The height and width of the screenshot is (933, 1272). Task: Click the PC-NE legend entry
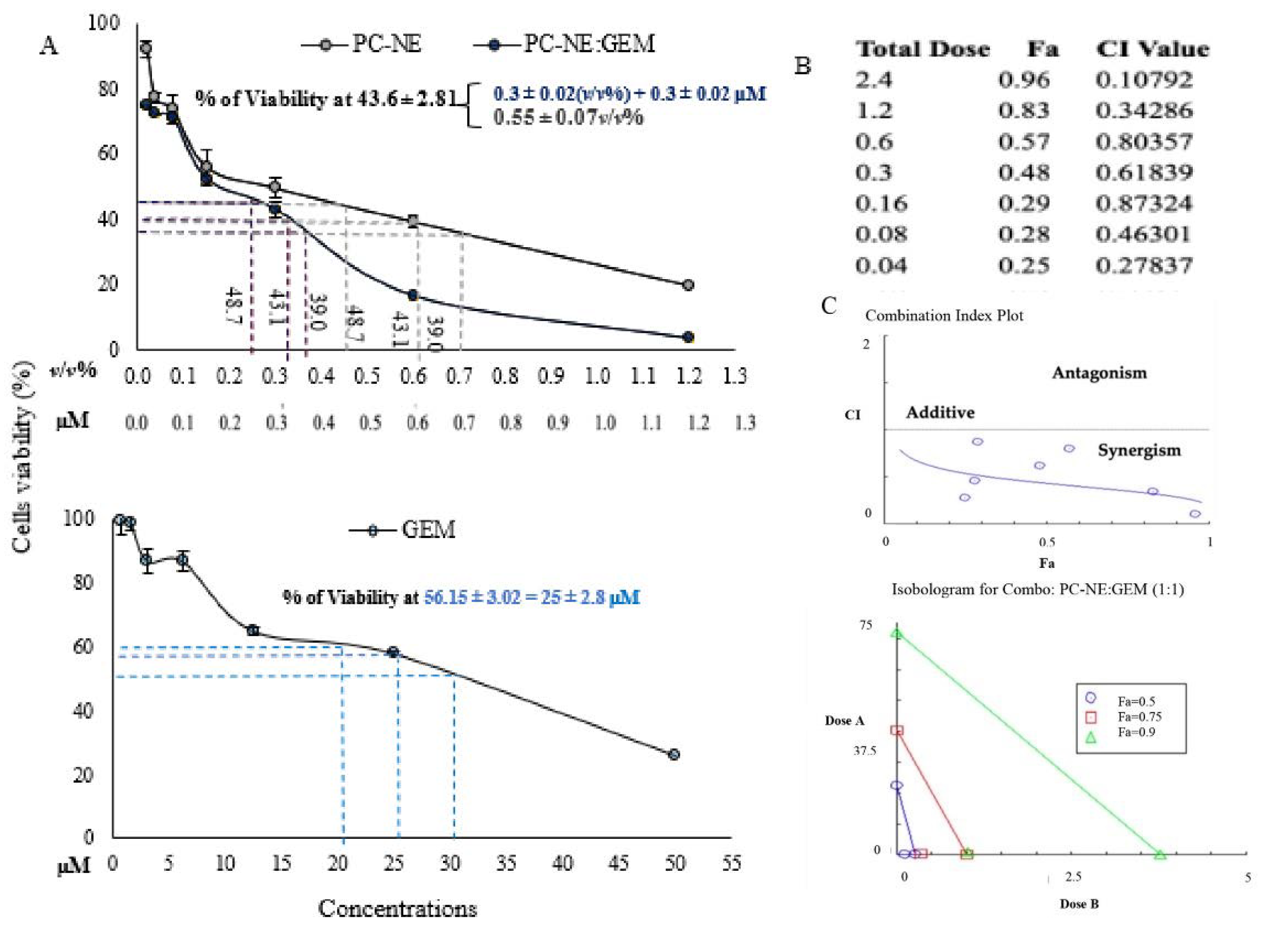click(362, 44)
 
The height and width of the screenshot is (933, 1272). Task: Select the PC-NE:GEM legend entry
click(565, 44)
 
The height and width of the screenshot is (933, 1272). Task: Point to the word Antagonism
click(1099, 373)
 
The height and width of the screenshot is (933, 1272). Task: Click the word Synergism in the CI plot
click(1139, 450)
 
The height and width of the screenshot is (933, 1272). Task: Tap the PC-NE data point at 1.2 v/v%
click(687, 285)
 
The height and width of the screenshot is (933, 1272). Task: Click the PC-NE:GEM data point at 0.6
click(413, 295)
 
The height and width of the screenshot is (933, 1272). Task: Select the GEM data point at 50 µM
click(673, 754)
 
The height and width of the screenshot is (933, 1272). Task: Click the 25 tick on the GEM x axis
click(393, 864)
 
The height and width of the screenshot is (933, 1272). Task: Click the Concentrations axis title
click(397, 909)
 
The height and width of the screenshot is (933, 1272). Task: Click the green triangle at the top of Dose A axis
click(896, 634)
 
